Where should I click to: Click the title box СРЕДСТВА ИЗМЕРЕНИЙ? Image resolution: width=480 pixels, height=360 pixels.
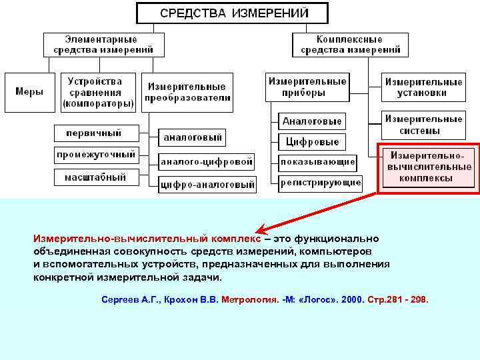[232, 13]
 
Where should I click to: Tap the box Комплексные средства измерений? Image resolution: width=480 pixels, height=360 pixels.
[349, 44]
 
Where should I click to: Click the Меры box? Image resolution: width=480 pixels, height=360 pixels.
[29, 91]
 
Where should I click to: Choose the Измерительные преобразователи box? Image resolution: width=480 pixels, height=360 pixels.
[187, 91]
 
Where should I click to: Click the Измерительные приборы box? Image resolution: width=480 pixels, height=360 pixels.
[307, 87]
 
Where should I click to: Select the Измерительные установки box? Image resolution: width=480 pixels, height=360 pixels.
[423, 87]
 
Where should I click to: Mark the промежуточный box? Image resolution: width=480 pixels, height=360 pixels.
[95, 155]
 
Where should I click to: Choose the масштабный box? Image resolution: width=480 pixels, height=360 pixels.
[95, 177]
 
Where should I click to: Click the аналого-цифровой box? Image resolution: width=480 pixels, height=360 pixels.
[207, 161]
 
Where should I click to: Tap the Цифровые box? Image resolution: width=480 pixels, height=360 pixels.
[312, 141]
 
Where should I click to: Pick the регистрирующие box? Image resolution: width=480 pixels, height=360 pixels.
[321, 181]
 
